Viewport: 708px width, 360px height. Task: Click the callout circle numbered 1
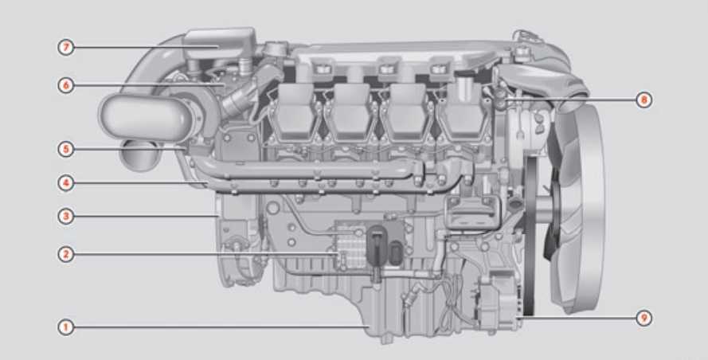tap(66, 327)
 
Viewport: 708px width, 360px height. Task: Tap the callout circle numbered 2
tap(66, 254)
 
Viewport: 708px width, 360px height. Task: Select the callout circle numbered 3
tap(66, 217)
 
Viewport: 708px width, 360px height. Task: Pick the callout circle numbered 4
tap(66, 183)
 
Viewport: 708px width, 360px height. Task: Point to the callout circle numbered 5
tap(66, 149)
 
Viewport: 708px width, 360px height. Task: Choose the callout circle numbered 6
tap(66, 85)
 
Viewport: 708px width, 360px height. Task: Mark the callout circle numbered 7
tap(66, 47)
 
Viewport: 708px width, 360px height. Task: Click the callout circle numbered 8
tap(643, 100)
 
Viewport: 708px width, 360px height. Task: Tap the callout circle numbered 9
tap(643, 318)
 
